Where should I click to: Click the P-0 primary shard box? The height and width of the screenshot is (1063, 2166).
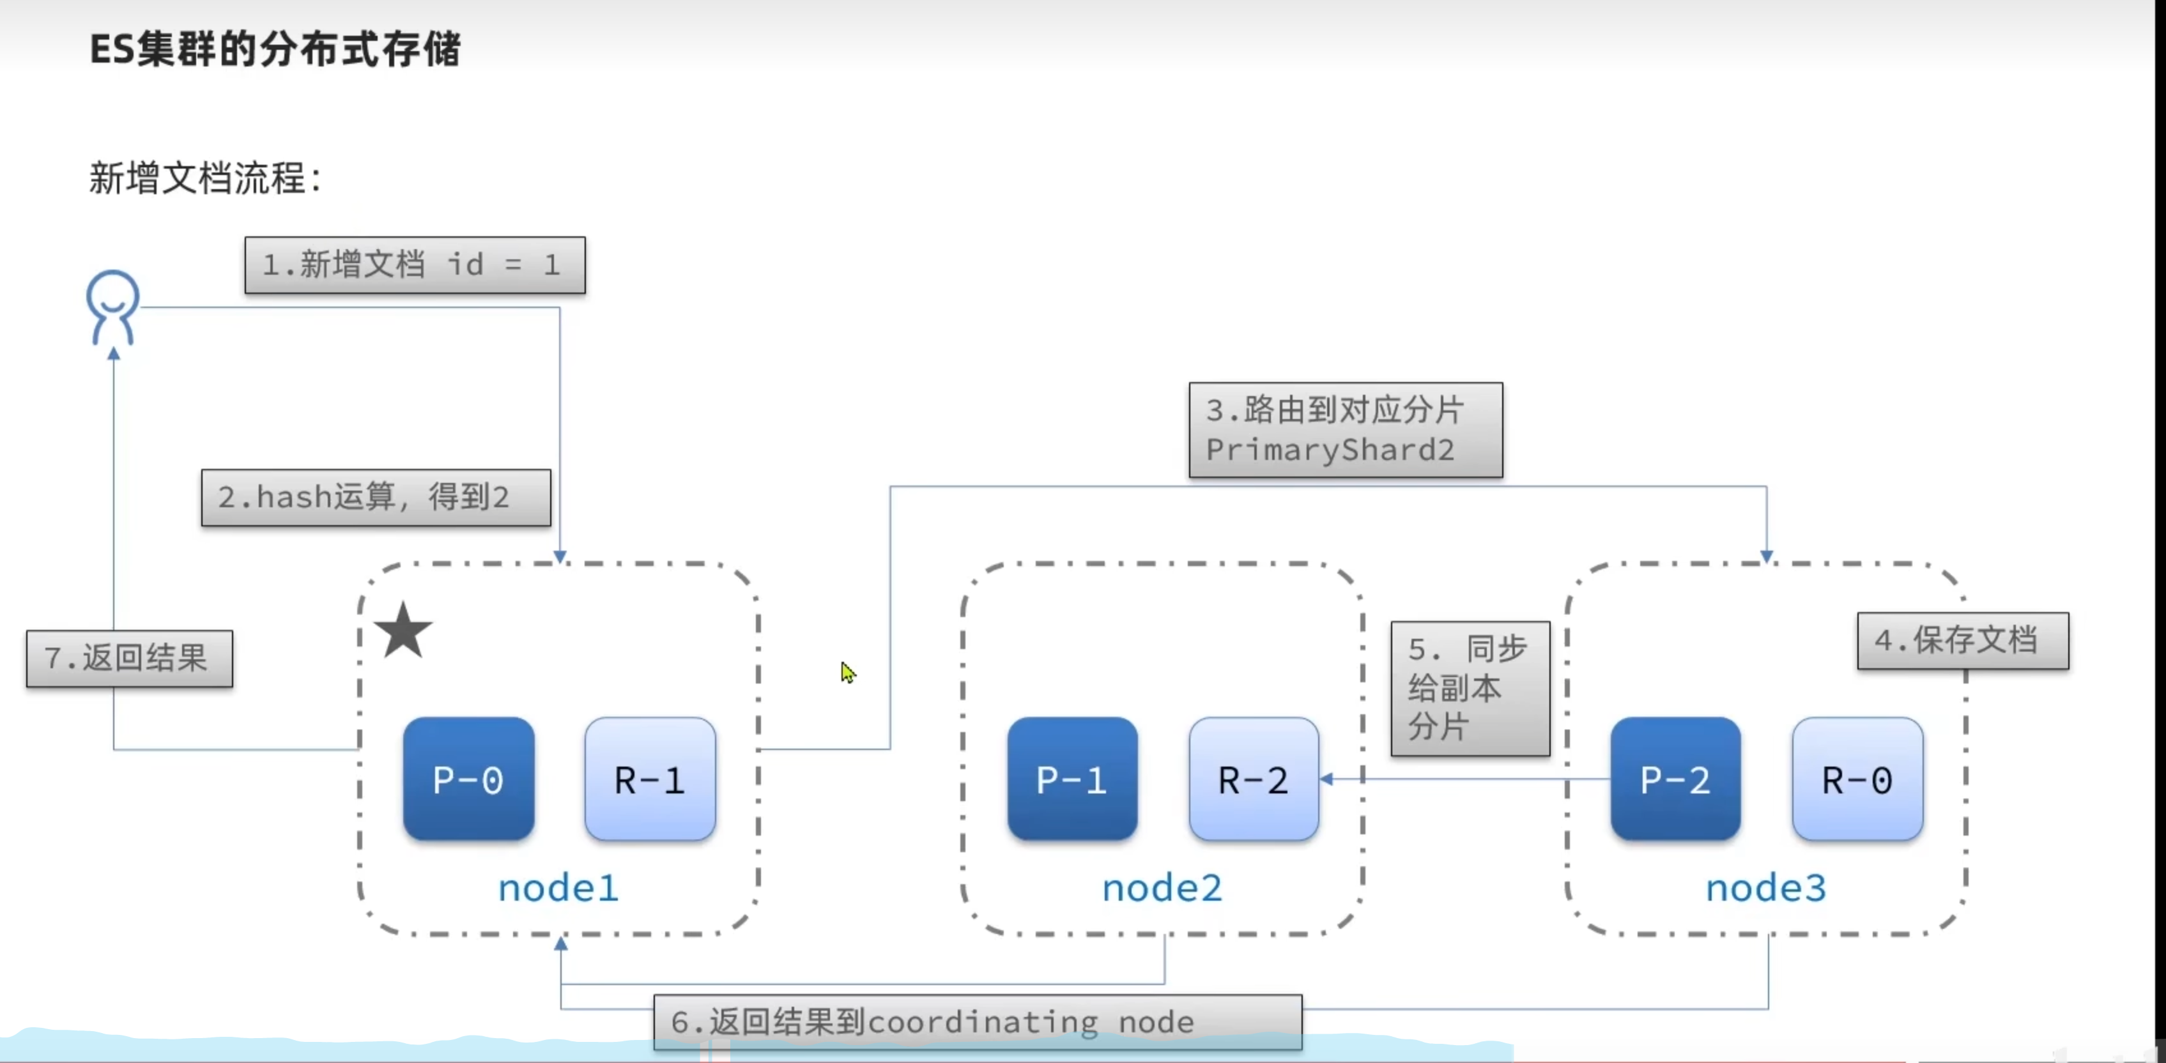click(468, 779)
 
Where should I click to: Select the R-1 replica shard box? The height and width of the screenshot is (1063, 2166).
click(650, 779)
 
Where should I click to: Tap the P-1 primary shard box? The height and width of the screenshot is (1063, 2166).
click(1072, 779)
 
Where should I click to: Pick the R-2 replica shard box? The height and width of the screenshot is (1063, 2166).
click(1254, 779)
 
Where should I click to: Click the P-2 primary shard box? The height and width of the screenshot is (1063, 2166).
click(1675, 779)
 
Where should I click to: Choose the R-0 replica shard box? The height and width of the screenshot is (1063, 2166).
click(1857, 779)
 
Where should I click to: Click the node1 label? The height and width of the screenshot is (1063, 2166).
click(558, 888)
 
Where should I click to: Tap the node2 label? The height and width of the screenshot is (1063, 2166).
click(1162, 888)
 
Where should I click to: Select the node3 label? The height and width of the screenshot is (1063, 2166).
click(1766, 888)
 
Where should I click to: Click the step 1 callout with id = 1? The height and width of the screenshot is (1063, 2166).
click(415, 265)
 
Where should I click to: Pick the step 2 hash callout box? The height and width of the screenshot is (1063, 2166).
click(376, 497)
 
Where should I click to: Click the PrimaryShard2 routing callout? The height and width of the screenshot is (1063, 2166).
click(1346, 430)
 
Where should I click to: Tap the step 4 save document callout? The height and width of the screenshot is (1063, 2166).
click(1963, 641)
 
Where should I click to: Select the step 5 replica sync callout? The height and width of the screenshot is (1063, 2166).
click(1470, 688)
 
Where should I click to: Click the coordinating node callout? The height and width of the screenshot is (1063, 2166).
click(977, 1021)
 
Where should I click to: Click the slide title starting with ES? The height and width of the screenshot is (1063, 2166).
click(275, 49)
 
